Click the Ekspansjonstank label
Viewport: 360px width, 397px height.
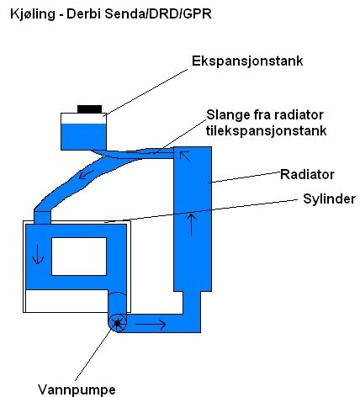click(247, 61)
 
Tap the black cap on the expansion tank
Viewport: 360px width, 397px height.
click(89, 109)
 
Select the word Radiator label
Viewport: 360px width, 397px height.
click(307, 174)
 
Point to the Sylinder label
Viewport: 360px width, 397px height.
click(329, 199)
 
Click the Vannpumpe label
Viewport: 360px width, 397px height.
click(77, 389)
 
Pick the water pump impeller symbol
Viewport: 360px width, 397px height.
click(118, 323)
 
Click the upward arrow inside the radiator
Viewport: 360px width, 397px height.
click(191, 224)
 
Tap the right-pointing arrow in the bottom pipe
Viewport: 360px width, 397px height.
click(151, 325)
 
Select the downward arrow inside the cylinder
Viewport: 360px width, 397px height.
click(38, 254)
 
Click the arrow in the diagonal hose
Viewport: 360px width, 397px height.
click(86, 175)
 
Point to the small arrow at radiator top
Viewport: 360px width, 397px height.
click(185, 156)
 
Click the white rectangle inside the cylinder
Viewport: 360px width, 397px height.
click(79, 257)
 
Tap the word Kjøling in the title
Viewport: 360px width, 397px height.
click(33, 13)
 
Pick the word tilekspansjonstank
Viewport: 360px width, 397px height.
click(266, 130)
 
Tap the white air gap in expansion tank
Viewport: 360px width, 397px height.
click(83, 119)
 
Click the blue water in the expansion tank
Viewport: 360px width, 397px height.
click(83, 137)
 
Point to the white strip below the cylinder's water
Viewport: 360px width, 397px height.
click(66, 301)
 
